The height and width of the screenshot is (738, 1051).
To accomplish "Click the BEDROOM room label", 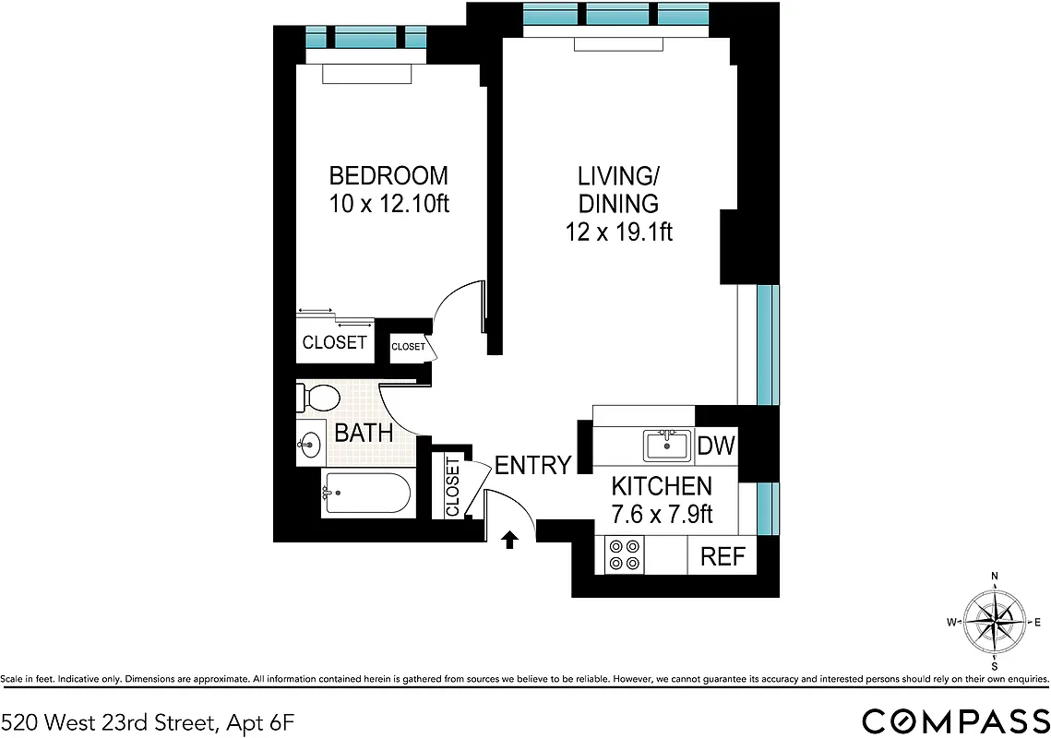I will click(x=388, y=175).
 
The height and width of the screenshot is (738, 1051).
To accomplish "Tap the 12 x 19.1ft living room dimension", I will click(x=618, y=232).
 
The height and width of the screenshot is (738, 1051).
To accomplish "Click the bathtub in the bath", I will click(x=366, y=494).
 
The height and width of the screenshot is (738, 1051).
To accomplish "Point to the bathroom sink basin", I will click(x=309, y=446).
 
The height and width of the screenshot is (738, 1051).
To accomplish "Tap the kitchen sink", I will click(x=666, y=446).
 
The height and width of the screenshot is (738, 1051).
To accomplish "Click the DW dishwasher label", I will click(x=716, y=446).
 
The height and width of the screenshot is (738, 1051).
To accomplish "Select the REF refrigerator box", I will click(x=723, y=557).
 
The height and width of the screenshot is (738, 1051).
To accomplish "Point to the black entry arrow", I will click(x=508, y=539).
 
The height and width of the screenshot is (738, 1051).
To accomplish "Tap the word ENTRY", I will click(x=532, y=466).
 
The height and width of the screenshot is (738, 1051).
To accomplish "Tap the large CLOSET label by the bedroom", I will click(x=334, y=343).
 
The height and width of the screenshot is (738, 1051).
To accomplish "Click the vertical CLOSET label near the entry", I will click(x=452, y=486).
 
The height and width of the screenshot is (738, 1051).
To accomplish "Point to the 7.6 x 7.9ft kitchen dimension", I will click(x=663, y=514).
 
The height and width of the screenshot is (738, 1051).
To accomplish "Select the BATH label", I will click(x=364, y=433).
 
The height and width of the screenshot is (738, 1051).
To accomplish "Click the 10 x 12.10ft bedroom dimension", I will click(x=388, y=204).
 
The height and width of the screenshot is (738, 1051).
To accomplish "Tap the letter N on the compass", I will click(x=995, y=577).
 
